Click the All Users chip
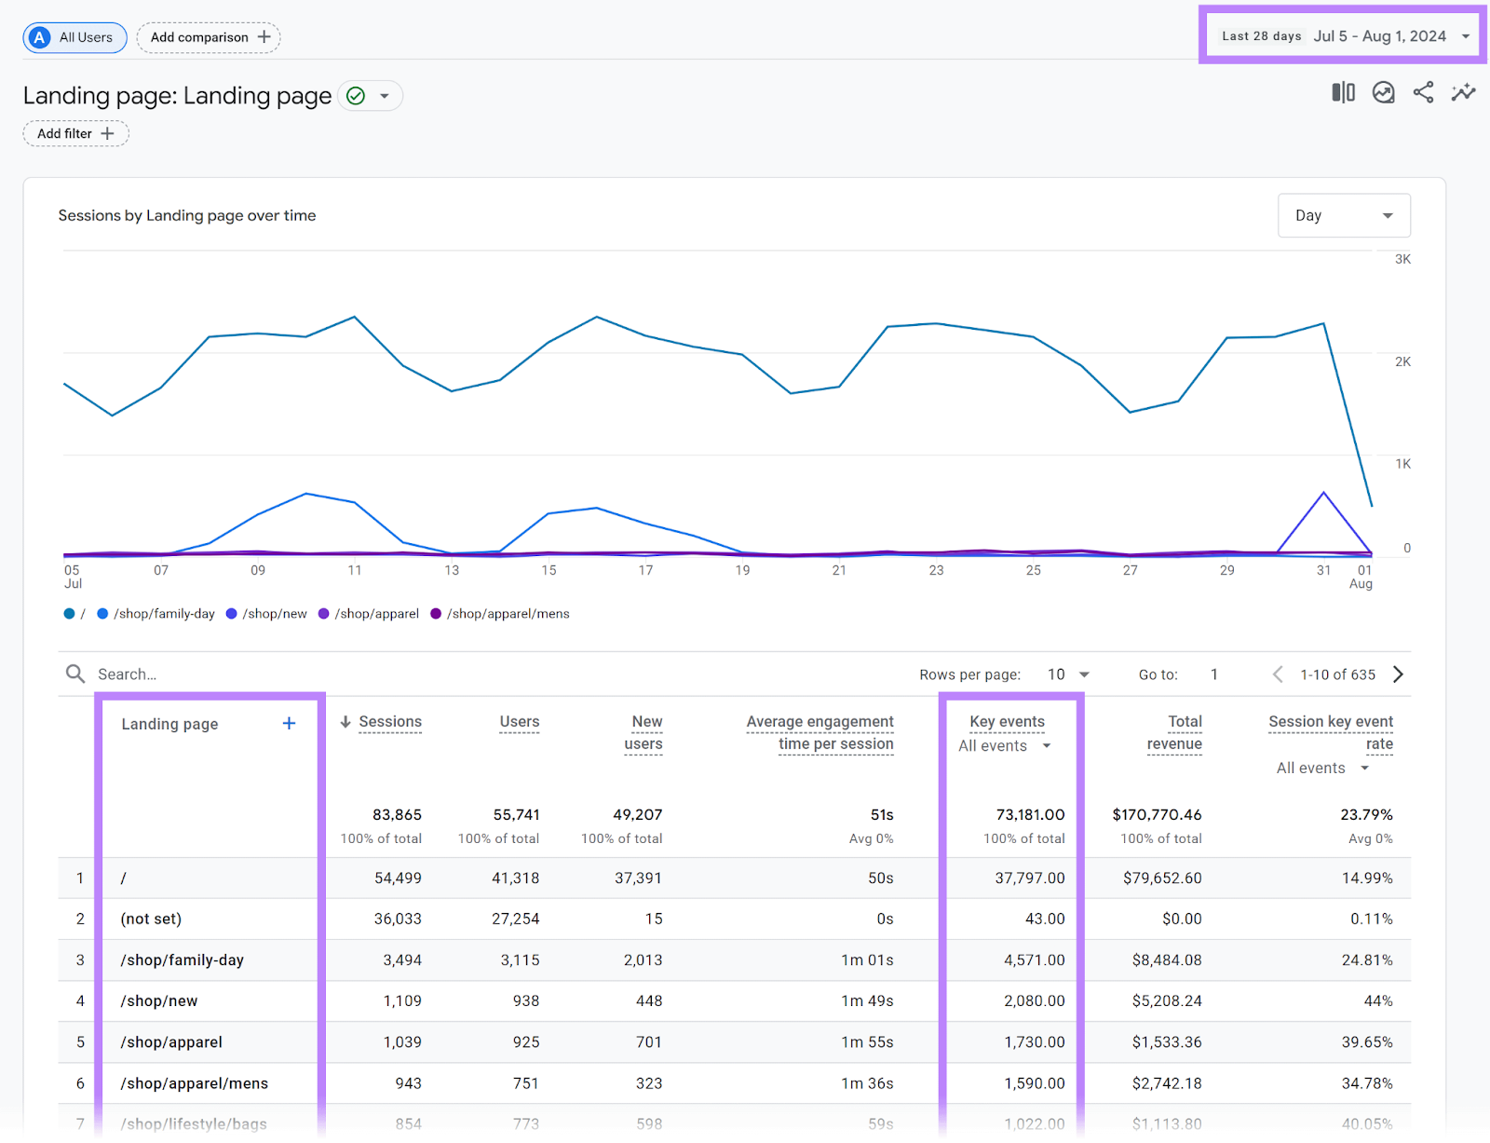[x=74, y=37]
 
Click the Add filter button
[x=75, y=133]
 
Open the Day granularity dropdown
[x=1343, y=215]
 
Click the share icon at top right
[x=1423, y=92]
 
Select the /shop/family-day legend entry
[x=156, y=614]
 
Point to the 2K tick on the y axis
[x=1402, y=361]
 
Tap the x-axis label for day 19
[x=742, y=570]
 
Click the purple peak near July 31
[x=1323, y=493]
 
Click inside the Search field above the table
[x=279, y=674]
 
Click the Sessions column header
[x=389, y=722]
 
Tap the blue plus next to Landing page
[x=289, y=724]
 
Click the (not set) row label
[x=151, y=919]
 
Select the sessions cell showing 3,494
[x=402, y=960]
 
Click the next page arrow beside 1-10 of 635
[x=1398, y=674]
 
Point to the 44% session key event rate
[x=1377, y=1001]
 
